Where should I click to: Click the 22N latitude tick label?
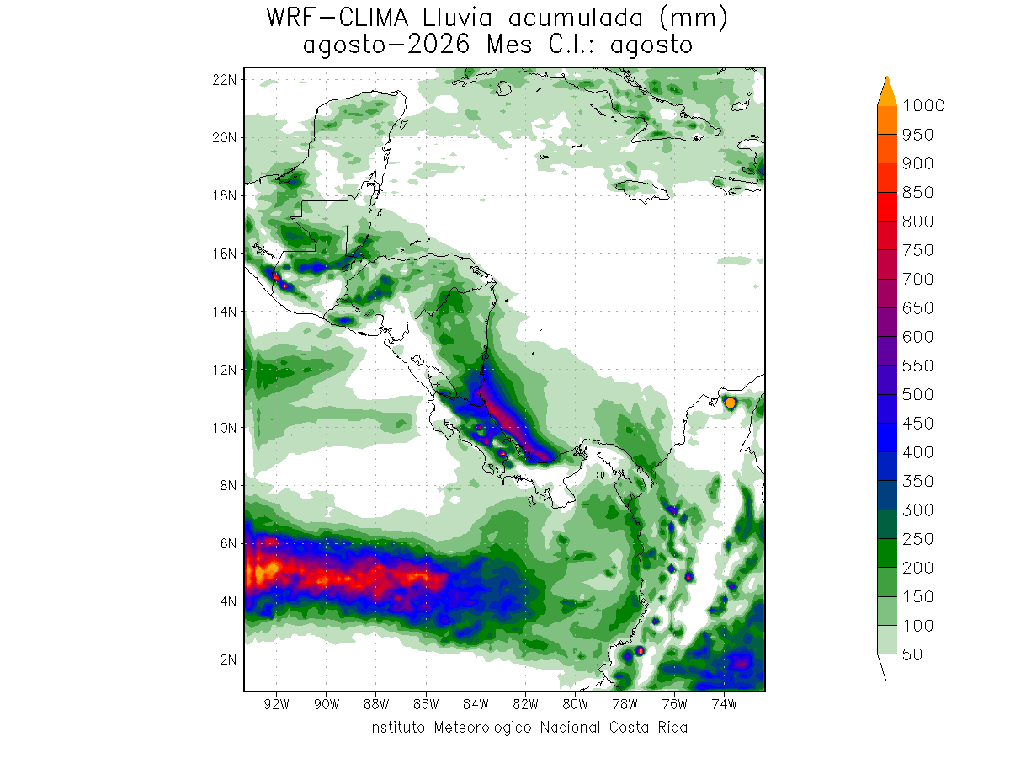[224, 80]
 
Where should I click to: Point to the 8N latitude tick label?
[228, 486]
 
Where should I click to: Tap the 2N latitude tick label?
[228, 659]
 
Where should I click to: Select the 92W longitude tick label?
[277, 704]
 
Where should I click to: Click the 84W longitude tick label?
[476, 704]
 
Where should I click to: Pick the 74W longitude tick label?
[725, 704]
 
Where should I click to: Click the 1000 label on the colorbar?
[923, 106]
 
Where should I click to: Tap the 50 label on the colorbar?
[912, 654]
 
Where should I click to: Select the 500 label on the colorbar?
[917, 394]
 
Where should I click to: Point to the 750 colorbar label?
[917, 250]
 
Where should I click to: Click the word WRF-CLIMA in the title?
[338, 18]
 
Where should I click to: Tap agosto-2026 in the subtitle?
[386, 45]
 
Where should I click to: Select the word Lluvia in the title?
[457, 18]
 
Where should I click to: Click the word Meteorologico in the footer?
[482, 728]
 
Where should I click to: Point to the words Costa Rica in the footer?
[648, 728]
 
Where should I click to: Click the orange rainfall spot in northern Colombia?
[731, 403]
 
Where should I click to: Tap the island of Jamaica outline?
[642, 190]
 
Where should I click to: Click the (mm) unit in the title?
[694, 19]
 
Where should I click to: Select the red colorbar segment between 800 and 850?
[887, 206]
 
